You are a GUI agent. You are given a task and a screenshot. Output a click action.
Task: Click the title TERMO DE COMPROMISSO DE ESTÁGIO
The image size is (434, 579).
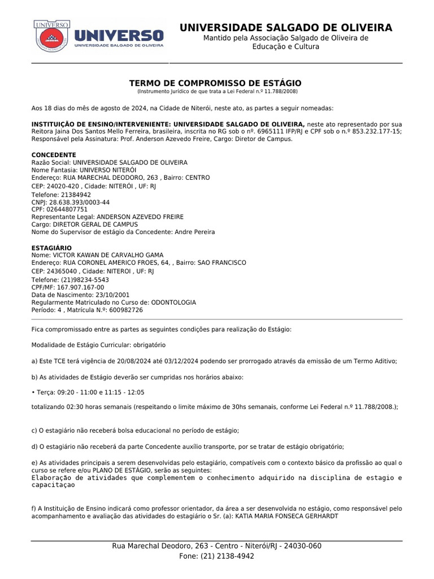215,83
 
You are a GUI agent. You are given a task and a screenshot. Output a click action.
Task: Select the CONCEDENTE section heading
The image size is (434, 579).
54,155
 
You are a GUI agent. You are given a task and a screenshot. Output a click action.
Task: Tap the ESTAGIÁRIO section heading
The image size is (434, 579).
51,248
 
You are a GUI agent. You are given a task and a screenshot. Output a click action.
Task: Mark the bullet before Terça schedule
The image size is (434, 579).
33,392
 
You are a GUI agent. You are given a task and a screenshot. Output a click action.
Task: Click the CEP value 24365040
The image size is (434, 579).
62,271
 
